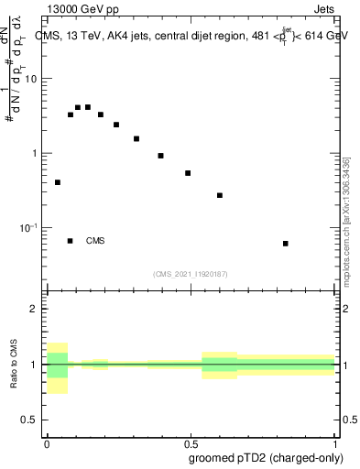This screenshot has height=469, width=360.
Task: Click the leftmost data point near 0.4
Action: tap(58, 182)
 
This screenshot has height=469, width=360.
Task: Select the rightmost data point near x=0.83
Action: tap(286, 244)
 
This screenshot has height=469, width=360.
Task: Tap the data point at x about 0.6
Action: tap(220, 195)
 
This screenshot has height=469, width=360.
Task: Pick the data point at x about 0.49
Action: tap(188, 173)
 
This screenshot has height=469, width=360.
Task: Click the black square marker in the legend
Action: tap(70, 241)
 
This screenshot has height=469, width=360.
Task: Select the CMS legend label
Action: tap(95, 241)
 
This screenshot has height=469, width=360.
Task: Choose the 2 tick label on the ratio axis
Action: tap(35, 310)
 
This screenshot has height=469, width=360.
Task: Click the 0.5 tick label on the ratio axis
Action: tap(31, 420)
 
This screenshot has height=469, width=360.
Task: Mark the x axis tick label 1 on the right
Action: tap(334, 442)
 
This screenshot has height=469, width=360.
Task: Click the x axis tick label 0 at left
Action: tap(47, 442)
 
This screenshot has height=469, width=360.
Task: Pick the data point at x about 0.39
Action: tap(160, 156)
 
